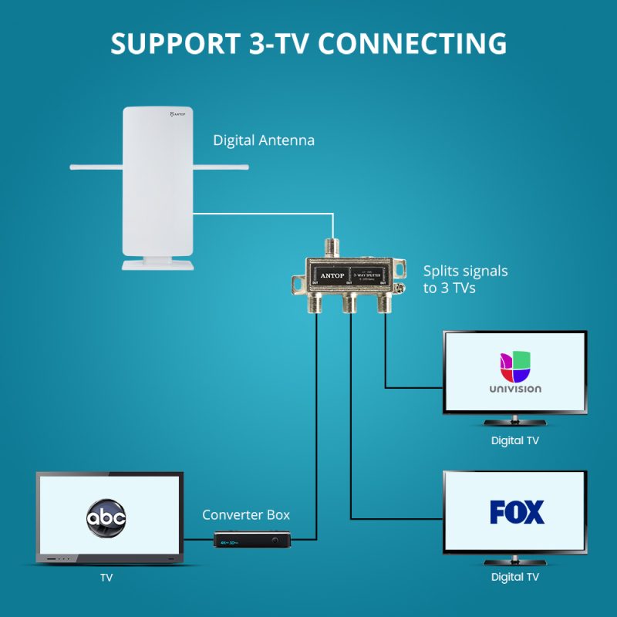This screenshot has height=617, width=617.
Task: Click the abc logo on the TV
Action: click(106, 516)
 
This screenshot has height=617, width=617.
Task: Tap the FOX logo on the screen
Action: click(517, 512)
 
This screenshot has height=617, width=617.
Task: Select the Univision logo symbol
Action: click(515, 366)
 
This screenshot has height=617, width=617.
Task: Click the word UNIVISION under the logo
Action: click(515, 389)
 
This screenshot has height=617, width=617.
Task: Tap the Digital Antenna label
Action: click(264, 140)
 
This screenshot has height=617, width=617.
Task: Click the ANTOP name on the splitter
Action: click(329, 275)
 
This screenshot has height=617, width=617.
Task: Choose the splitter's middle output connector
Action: click(350, 302)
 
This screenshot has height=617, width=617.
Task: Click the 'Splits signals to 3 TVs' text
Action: click(465, 279)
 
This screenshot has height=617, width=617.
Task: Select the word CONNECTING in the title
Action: click(413, 43)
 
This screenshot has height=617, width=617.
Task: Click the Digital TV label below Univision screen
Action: click(515, 441)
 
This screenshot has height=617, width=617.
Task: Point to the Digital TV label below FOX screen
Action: click(515, 577)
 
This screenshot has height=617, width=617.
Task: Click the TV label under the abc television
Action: click(106, 577)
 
